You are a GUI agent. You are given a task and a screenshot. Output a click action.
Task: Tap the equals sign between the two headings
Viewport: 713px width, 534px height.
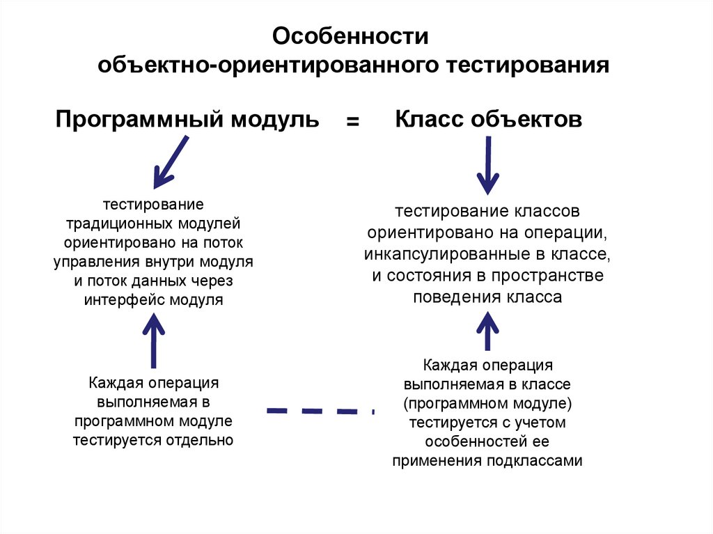click(353, 121)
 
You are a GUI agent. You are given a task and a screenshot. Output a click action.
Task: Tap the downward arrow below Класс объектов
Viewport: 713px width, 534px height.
click(487, 166)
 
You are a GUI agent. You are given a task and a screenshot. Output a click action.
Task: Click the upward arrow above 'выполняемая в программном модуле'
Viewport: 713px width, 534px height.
click(153, 340)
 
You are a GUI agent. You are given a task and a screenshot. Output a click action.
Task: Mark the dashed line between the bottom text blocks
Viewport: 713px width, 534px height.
click(320, 411)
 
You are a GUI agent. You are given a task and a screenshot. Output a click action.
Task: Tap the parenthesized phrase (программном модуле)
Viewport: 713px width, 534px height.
click(487, 403)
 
